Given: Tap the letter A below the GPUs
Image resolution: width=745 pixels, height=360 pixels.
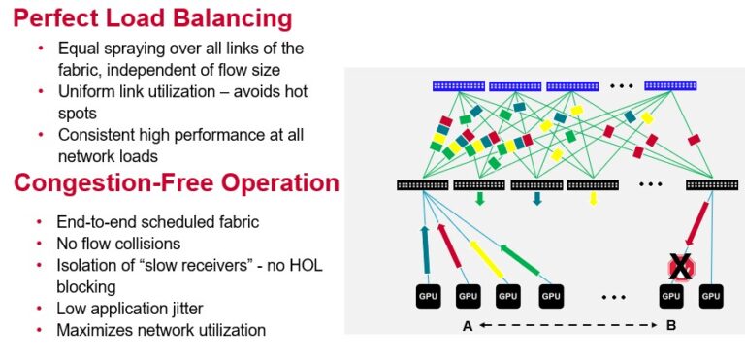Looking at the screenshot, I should coord(467,326).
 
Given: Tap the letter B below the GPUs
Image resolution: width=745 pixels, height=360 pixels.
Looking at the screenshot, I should coord(670,326).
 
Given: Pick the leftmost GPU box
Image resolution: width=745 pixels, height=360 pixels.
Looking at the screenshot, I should coord(427,296).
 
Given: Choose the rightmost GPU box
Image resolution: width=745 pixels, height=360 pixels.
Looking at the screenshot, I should coord(712,296).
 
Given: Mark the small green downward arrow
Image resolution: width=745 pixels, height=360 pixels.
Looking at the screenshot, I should coord(480,200).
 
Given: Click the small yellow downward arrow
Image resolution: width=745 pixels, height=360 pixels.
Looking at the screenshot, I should coord(594,200).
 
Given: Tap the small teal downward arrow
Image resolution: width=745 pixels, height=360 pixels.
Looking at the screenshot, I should coord(536,200).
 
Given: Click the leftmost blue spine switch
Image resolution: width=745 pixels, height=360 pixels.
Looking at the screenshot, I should coord(458,86).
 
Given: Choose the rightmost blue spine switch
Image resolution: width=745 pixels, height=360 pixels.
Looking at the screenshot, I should coord(670,85).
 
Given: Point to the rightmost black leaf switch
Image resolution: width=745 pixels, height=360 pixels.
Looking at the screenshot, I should coord(711,184).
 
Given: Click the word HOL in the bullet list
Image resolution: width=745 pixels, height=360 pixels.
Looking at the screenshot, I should coord(267,267).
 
